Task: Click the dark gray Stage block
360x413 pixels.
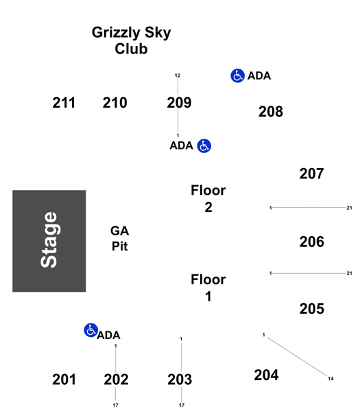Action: (49, 241)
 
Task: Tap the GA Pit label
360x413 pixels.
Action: (120, 239)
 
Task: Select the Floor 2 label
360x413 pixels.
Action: (208, 198)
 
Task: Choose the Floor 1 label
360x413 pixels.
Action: (208, 287)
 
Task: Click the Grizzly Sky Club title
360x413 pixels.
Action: (131, 40)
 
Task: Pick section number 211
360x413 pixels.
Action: (64, 103)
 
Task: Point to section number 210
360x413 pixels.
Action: (115, 103)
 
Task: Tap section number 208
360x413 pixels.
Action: (271, 112)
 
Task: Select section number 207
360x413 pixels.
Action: (311, 174)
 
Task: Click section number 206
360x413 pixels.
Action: (311, 241)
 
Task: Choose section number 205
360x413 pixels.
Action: (311, 309)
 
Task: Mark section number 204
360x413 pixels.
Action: (266, 375)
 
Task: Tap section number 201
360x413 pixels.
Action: (64, 379)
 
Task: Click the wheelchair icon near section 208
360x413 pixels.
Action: (237, 76)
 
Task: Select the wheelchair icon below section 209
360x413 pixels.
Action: (204, 146)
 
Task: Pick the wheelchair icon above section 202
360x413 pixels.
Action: (91, 330)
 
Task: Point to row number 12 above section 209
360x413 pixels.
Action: (178, 75)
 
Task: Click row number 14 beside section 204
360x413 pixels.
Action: (331, 379)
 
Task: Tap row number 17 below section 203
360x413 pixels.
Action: (182, 405)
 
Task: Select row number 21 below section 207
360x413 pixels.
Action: (349, 208)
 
